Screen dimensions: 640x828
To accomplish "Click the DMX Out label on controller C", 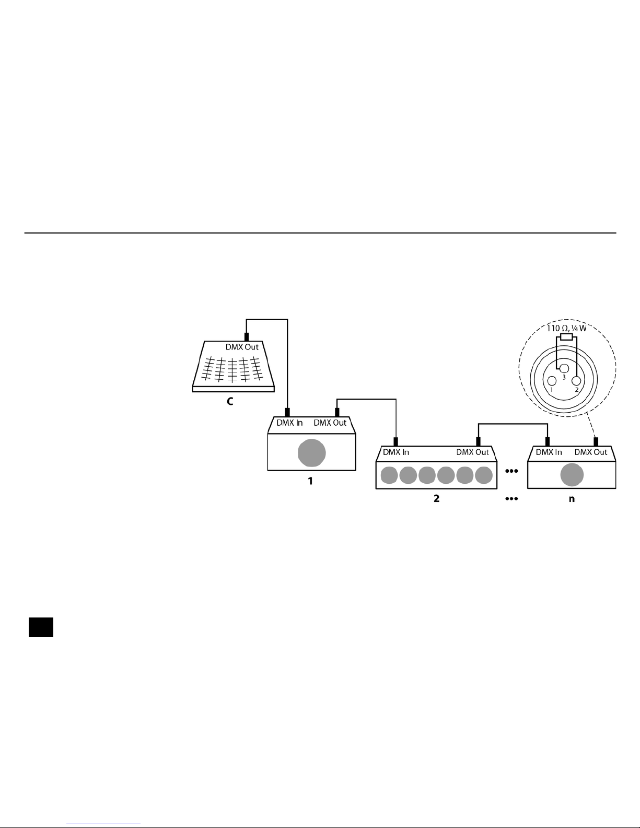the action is click(242, 347).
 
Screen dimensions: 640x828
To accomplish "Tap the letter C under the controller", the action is click(230, 402).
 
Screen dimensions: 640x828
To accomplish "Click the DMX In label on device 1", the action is click(289, 423).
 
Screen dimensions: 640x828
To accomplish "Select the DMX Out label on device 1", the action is click(330, 423).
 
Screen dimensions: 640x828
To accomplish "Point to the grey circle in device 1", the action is click(311, 453).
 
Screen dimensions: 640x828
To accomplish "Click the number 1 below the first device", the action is click(310, 481).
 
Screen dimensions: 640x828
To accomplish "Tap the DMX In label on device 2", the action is click(396, 452).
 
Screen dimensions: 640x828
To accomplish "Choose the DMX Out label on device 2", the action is click(473, 452).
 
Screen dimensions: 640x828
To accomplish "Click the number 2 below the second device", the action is click(436, 499).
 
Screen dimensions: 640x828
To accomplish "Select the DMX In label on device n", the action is click(549, 452).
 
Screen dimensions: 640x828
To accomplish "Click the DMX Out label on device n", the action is click(591, 452).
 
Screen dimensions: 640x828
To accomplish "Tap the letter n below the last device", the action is click(572, 499).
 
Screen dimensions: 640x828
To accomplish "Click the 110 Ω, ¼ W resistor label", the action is click(567, 329).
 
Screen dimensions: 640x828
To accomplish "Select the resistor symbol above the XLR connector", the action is click(566, 337).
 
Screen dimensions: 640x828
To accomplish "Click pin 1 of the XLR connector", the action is click(552, 381).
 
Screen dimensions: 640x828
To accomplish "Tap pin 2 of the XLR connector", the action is click(576, 381).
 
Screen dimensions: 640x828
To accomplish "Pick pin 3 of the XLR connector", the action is click(564, 369).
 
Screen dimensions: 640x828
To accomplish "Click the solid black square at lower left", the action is click(41, 627).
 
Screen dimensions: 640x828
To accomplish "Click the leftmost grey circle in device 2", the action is click(389, 475).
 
